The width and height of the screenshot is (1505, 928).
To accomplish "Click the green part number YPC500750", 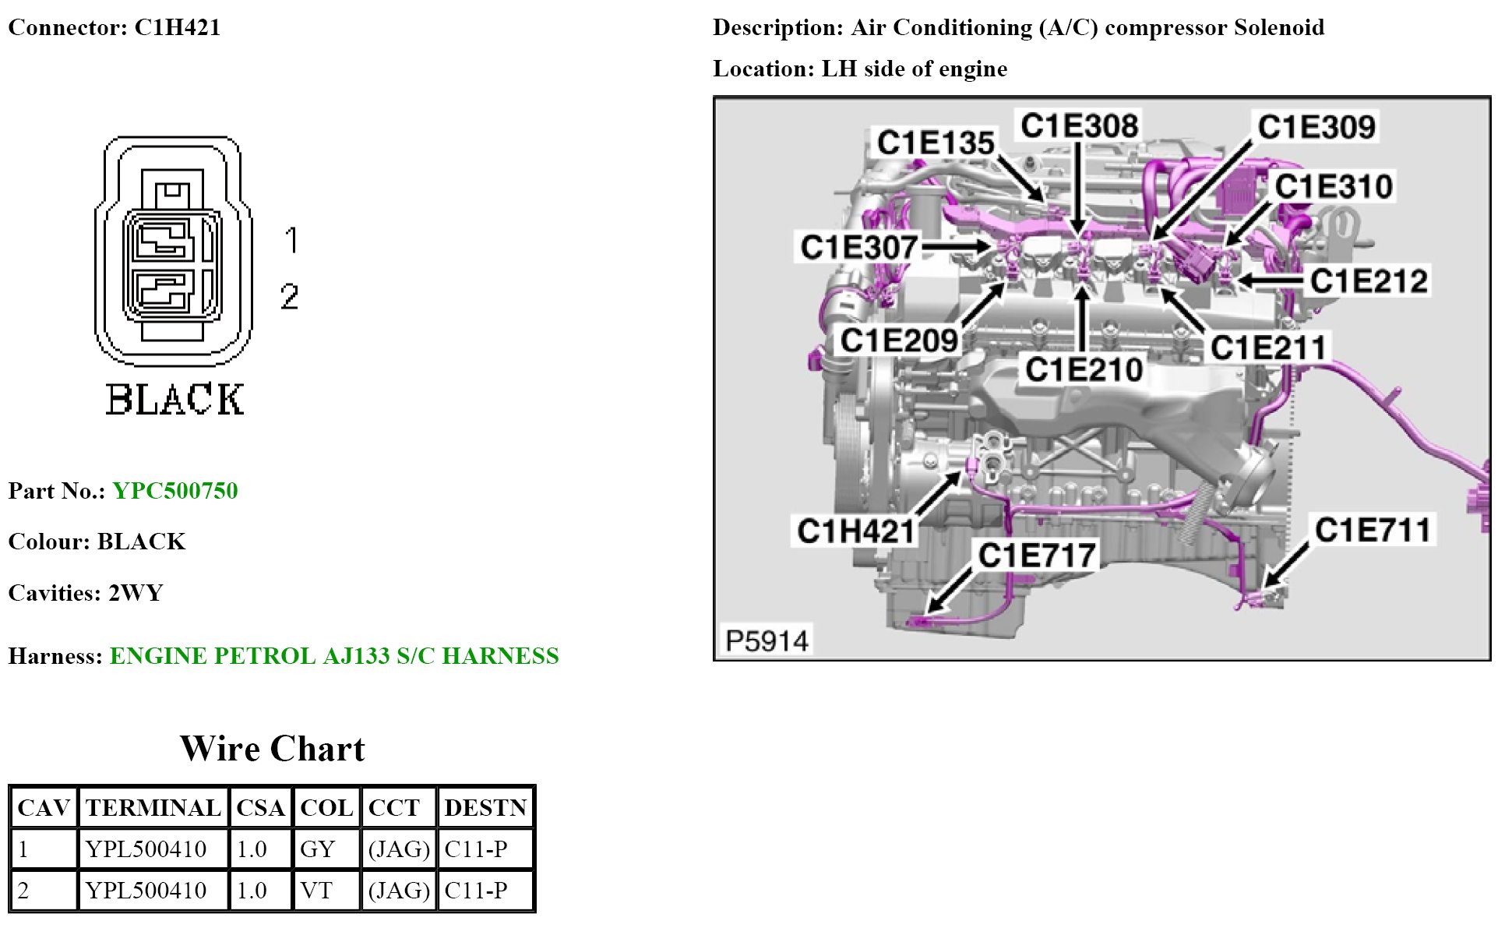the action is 175,491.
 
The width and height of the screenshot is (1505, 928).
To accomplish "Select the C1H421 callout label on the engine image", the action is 855,531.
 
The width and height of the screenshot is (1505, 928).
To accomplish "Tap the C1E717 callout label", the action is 1037,556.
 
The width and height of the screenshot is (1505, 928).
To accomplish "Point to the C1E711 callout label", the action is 1373,530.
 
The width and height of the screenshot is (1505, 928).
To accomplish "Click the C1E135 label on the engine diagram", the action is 935,143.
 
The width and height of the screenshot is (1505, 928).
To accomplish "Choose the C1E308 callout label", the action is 1079,125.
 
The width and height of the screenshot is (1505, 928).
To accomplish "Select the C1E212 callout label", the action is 1369,281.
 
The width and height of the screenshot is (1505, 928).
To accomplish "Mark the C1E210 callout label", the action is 1084,369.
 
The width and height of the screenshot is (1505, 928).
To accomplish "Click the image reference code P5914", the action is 767,640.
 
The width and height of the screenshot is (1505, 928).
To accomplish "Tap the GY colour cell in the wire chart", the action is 318,849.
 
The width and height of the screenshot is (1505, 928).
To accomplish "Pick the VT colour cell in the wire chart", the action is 316,890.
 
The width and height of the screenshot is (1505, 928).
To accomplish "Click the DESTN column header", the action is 485,807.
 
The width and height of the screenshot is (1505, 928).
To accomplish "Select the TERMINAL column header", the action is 153,807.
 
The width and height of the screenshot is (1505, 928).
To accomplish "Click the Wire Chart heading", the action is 272,749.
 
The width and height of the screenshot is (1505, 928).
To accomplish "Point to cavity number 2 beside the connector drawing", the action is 290,297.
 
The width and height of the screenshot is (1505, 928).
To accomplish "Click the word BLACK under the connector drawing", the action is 174,399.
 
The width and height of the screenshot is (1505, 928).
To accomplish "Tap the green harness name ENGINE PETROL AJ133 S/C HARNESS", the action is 334,656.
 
